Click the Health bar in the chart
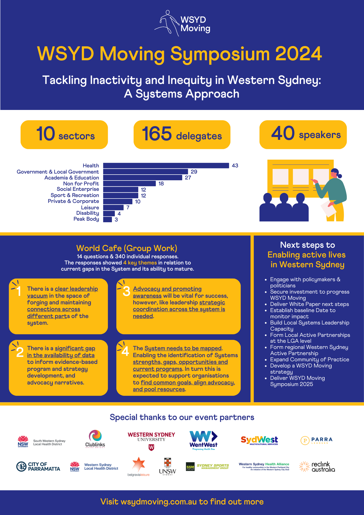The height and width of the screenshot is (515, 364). [x=166, y=166]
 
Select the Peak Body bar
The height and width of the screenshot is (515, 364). [x=108, y=219]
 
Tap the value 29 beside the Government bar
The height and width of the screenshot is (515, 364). [x=194, y=172]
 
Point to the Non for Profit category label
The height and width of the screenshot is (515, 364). [x=81, y=184]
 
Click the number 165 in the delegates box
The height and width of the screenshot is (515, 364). [x=157, y=134]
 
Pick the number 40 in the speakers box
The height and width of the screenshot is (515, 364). [x=283, y=133]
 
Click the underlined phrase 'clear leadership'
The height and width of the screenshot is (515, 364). [x=76, y=289]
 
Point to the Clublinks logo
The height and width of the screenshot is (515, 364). [x=95, y=439]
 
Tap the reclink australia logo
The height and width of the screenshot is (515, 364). [x=317, y=467]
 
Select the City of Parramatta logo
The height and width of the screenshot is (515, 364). [x=38, y=467]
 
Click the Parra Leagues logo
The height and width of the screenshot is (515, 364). [x=317, y=440]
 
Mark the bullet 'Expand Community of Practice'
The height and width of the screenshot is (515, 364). [x=309, y=359]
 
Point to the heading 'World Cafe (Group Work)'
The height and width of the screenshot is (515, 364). [x=127, y=248]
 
